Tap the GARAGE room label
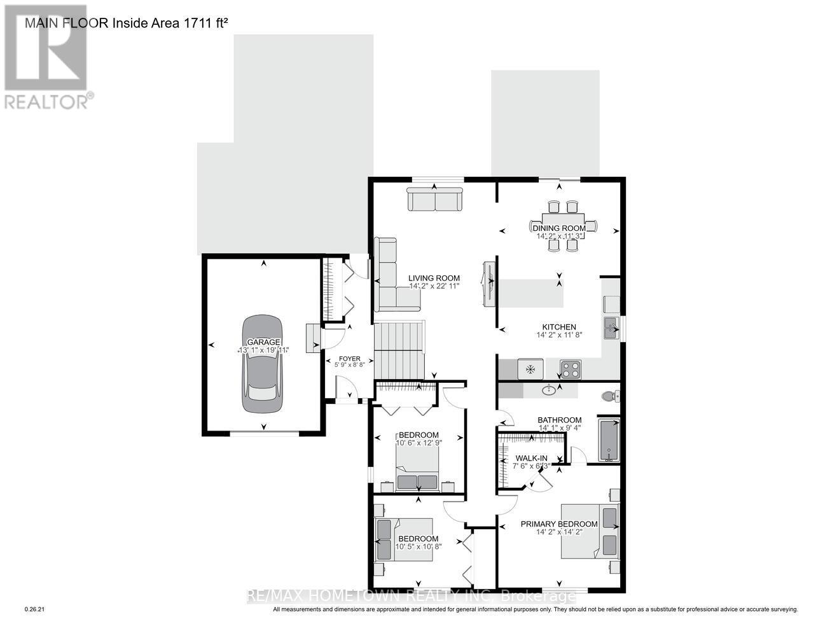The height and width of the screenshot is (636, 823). tap(263, 342)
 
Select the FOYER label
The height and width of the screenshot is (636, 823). tap(349, 359)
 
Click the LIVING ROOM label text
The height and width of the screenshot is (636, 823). tap(434, 278)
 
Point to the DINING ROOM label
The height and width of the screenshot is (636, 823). tap(558, 228)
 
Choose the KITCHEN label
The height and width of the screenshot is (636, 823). tap(558, 327)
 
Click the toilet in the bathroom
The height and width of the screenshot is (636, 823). tap(609, 396)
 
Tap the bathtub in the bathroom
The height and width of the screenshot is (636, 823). tap(608, 440)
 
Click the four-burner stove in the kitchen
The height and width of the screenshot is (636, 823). tap(570, 368)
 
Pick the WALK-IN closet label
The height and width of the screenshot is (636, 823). tap(531, 458)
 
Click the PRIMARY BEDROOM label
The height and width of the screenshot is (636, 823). tap(559, 524)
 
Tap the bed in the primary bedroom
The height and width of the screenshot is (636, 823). tap(590, 531)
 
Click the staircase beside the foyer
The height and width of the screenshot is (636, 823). tap(398, 350)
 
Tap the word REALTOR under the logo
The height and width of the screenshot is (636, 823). tap(46, 101)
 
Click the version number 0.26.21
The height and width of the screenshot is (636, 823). tap(34, 609)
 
